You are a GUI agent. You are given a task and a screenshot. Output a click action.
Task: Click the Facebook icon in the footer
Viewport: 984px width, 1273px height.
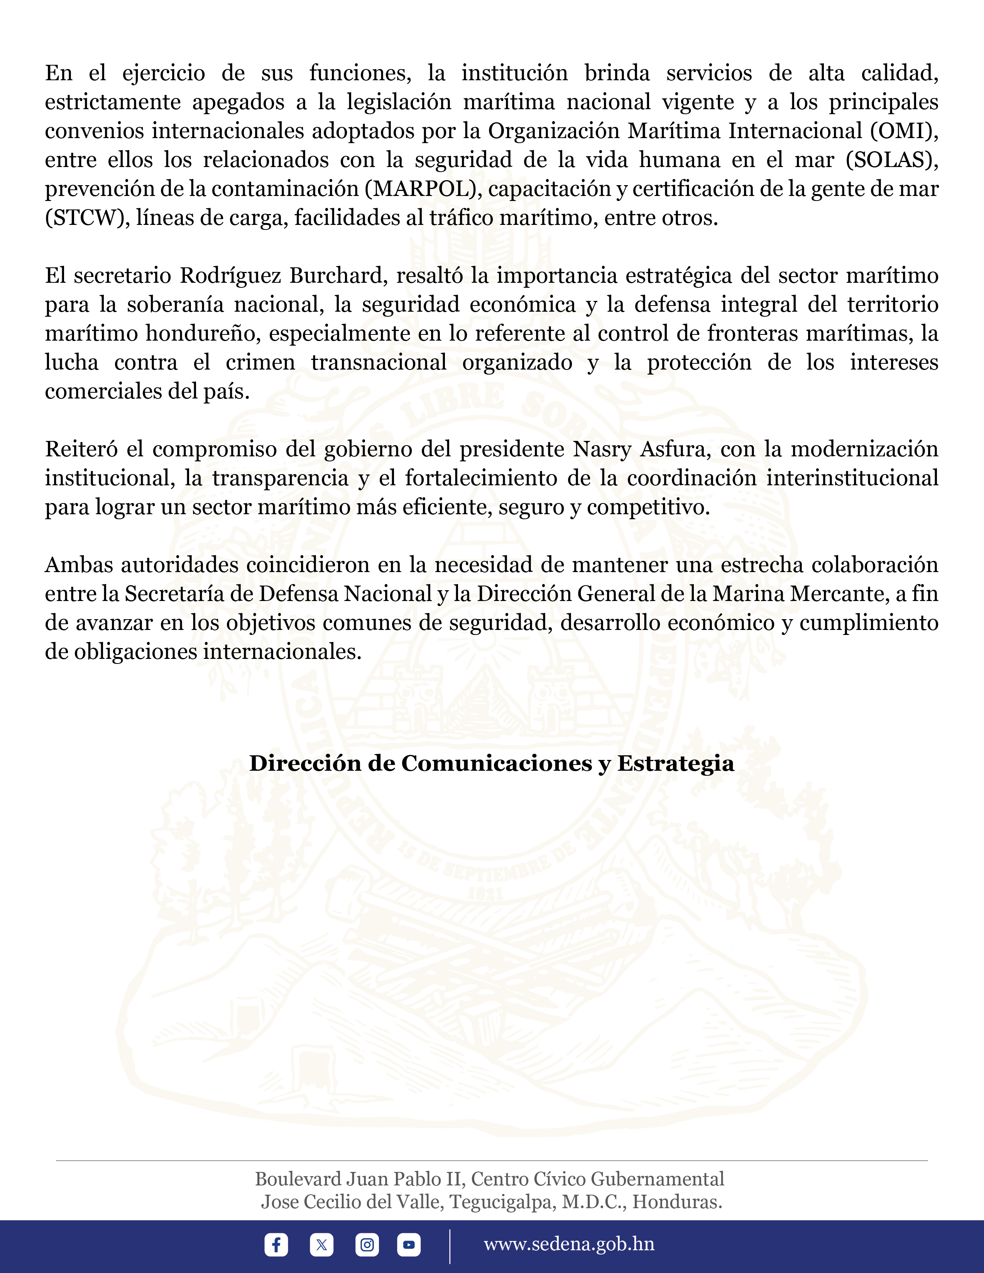click(276, 1244)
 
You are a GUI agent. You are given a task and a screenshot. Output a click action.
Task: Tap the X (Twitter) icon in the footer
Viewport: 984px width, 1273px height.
click(321, 1244)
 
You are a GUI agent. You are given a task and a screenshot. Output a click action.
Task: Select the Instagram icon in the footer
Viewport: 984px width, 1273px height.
click(367, 1244)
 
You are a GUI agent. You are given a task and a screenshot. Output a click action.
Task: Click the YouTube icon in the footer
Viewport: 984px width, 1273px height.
click(409, 1244)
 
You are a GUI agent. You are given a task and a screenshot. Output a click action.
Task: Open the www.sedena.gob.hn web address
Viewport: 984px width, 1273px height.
click(569, 1244)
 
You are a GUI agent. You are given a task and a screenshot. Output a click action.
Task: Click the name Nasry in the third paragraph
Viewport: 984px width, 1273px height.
click(603, 449)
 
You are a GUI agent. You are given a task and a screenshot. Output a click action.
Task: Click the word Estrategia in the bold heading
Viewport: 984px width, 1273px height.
click(676, 763)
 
